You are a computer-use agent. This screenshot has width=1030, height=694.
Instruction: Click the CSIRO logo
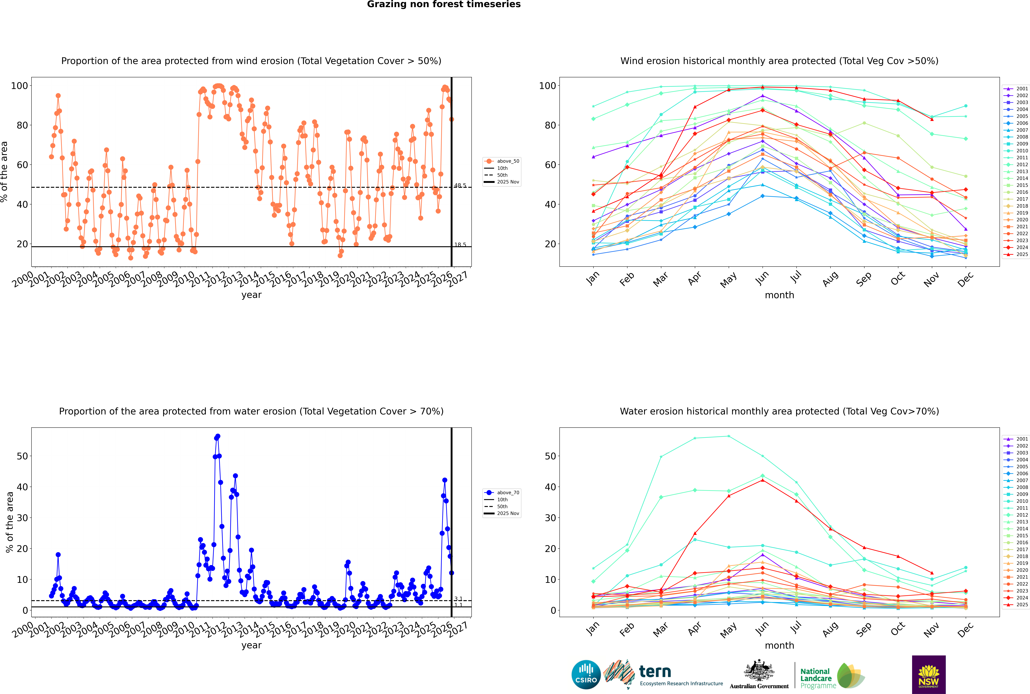(586, 675)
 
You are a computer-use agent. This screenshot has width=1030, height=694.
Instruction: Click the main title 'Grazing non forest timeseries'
(444, 4)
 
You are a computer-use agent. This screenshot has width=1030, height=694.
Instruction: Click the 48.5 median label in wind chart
(460, 185)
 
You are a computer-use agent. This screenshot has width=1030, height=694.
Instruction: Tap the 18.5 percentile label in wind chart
(460, 245)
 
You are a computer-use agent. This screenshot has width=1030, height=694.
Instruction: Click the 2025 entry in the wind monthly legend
(1022, 255)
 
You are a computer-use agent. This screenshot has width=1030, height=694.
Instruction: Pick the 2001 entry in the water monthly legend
(1022, 439)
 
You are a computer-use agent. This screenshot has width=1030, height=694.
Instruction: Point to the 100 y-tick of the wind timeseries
(19, 86)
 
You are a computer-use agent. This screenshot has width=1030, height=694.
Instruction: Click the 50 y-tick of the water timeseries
(22, 456)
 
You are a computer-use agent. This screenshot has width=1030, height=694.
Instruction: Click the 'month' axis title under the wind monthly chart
(779, 295)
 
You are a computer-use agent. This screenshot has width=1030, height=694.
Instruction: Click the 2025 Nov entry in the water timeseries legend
(508, 513)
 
